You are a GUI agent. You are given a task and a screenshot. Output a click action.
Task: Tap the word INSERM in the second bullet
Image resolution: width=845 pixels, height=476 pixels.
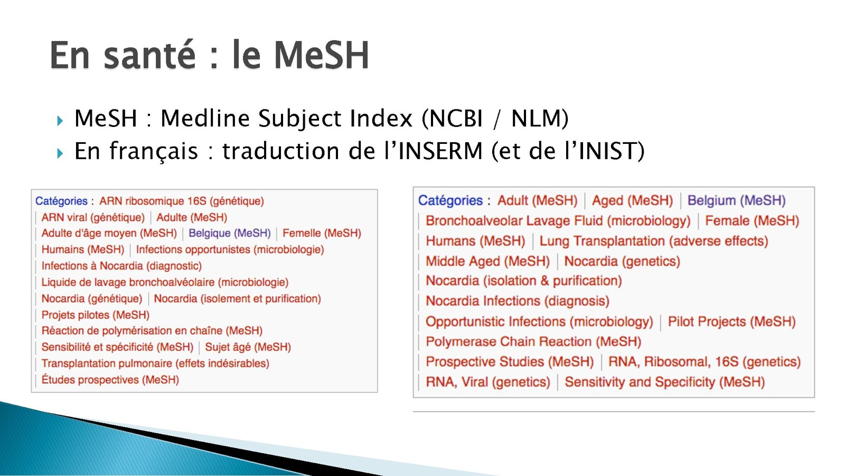(440, 151)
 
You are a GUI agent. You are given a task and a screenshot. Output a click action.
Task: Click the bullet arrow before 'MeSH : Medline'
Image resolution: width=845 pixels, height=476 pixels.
(60, 121)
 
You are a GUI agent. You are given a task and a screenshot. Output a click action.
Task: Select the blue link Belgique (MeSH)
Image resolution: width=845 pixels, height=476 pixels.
(229, 233)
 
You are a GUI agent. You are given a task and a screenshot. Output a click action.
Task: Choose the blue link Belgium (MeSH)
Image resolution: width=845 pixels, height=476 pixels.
(736, 200)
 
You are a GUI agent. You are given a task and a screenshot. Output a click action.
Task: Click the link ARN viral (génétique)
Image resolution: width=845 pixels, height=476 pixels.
(93, 217)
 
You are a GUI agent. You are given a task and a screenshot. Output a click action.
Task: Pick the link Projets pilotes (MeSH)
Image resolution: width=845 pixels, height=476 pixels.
(96, 315)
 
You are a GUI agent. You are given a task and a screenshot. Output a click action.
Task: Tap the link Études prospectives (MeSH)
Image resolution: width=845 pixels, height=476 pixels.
(110, 379)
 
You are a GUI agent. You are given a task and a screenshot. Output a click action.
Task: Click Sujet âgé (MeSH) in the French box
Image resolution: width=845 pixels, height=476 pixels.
(248, 347)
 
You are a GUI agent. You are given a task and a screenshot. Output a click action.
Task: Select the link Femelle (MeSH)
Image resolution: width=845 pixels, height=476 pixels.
(322, 233)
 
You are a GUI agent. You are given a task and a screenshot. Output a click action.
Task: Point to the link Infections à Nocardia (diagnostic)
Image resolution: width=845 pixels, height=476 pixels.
(121, 266)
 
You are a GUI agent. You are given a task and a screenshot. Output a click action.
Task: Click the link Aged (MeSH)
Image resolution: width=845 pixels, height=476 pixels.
(632, 200)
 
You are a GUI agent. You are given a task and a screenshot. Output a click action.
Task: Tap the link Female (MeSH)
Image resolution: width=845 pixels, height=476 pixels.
(752, 221)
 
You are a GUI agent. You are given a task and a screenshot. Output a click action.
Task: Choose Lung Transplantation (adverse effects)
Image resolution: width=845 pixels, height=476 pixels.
(654, 241)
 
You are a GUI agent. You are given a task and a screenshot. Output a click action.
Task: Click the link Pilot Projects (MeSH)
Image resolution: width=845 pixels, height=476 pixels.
(731, 322)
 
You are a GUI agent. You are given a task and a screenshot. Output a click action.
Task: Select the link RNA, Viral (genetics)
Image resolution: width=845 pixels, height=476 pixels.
(488, 382)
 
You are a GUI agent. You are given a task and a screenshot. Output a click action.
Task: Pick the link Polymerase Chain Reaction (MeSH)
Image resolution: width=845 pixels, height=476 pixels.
(533, 342)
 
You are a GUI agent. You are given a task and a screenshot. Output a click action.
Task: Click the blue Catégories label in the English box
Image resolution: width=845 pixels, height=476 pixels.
(450, 200)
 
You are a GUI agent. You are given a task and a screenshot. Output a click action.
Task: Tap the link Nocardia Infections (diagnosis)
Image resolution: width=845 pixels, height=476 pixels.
(518, 301)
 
